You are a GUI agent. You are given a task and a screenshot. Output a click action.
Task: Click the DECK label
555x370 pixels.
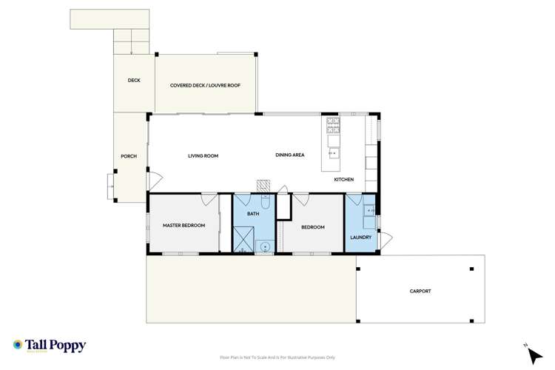(133, 81)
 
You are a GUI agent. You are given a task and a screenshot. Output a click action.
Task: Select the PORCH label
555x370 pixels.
(129, 156)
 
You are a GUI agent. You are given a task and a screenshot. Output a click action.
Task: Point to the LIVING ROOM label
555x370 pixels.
(203, 155)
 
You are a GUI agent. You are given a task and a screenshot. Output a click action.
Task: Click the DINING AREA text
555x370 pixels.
(290, 155)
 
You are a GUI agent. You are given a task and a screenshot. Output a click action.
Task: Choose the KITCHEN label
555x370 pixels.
(343, 180)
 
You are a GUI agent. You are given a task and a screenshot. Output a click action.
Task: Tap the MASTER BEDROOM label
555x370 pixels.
(184, 225)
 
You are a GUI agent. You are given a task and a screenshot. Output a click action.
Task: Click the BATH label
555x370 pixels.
(253, 213)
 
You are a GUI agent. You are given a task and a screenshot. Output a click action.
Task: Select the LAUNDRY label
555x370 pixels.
(360, 238)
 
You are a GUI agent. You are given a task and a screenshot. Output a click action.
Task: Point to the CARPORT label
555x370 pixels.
(420, 291)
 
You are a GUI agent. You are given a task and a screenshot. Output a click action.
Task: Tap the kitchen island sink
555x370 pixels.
(333, 154)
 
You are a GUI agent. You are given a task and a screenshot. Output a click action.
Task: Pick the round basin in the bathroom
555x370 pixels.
(265, 245)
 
